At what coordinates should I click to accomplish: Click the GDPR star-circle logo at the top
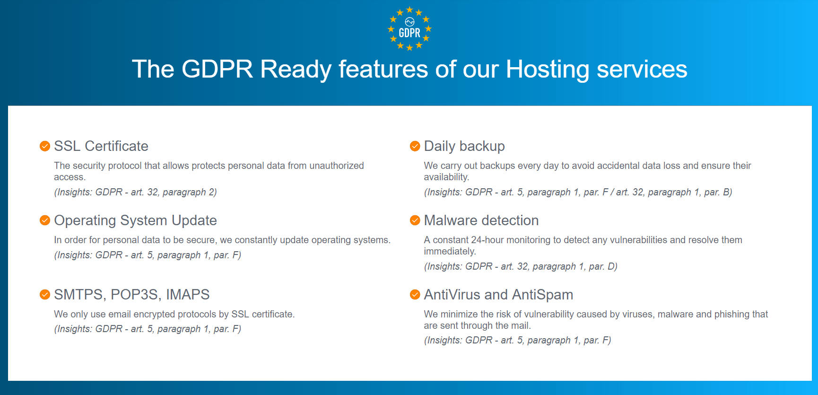[x=409, y=28]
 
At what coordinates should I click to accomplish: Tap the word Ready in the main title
[x=296, y=70]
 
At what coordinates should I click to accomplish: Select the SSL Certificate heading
[x=101, y=146]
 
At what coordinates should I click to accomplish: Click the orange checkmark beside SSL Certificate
[x=45, y=146]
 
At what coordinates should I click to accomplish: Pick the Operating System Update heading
[x=136, y=220]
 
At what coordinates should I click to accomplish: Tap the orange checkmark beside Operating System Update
[x=45, y=220]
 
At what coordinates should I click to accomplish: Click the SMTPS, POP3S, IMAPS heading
[x=132, y=295]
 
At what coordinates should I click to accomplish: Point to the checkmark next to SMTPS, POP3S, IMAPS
[x=45, y=295]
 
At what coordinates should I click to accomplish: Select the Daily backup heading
[x=464, y=146]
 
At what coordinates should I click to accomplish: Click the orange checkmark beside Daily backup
[x=415, y=146]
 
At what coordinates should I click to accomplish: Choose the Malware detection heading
[x=481, y=220]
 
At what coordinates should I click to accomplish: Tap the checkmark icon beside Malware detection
[x=415, y=220]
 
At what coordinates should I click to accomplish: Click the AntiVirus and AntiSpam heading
[x=498, y=295]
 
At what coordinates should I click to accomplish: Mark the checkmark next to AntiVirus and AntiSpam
[x=415, y=295]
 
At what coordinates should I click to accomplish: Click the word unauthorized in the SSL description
[x=337, y=166]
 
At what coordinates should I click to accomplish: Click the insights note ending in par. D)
[x=521, y=266]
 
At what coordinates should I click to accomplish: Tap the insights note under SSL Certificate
[x=136, y=192]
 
